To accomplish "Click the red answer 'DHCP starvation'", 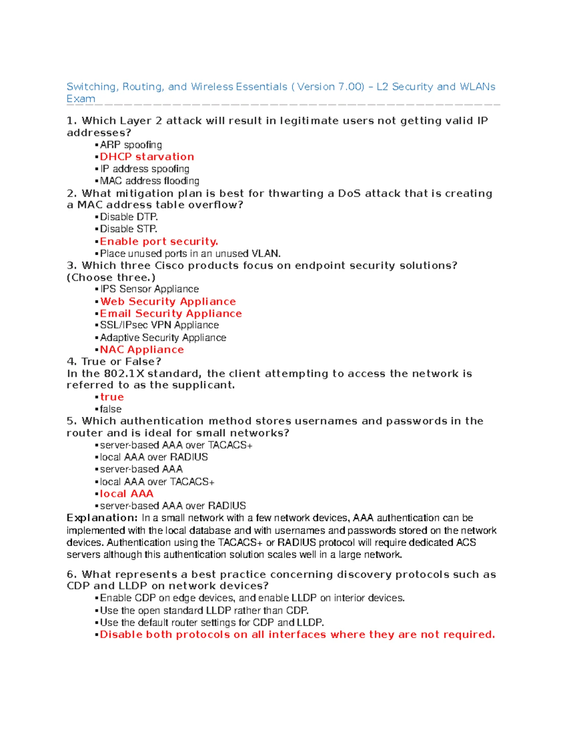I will tap(146, 157).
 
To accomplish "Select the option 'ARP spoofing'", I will tap(131, 145).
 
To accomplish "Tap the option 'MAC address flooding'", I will tap(149, 181).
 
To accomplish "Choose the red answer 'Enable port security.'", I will tap(159, 242).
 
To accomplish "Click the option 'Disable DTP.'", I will tap(129, 217).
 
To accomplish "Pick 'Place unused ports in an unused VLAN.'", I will tap(190, 254).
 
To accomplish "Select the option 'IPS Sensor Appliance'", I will tap(149, 289).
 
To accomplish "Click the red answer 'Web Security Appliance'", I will tap(168, 302).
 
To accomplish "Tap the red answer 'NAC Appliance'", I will tap(142, 350).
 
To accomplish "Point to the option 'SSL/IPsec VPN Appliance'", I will tap(159, 325).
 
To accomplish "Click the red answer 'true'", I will tap(112, 397).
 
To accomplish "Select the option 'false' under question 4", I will tap(111, 409).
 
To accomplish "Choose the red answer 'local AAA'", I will tap(127, 494).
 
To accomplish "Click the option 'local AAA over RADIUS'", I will tap(154, 458).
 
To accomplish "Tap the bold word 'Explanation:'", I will tap(102, 518).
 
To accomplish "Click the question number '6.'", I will tap(72, 575).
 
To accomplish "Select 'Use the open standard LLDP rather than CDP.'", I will tap(204, 611).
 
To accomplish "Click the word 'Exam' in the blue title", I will tap(81, 99).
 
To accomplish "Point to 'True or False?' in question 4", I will tap(121, 362).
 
